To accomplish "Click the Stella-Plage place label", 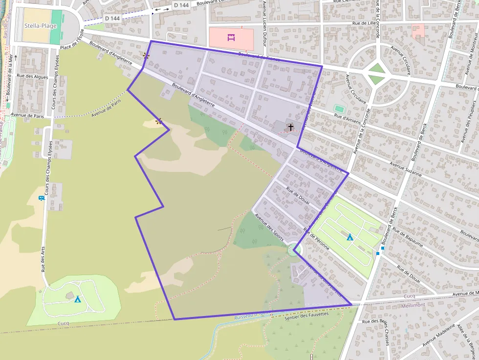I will pyautogui.click(x=41, y=26).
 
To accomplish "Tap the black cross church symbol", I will pyautogui.click(x=291, y=127).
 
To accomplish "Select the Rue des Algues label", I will pyautogui.click(x=32, y=77).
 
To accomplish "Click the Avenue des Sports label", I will pyautogui.click(x=269, y=225).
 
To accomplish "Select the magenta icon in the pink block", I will pyautogui.click(x=231, y=37).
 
